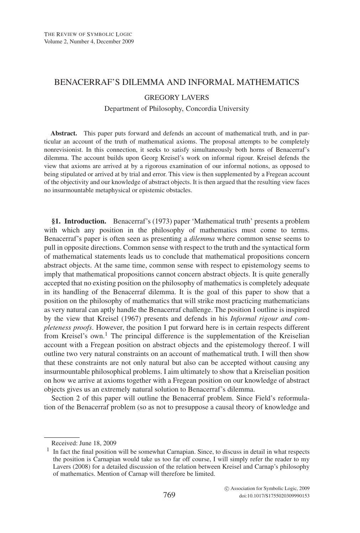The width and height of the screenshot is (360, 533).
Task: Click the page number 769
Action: (169, 495)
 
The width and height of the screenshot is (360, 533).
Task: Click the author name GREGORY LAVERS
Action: (176, 97)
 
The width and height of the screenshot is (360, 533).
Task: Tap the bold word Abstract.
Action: (64, 134)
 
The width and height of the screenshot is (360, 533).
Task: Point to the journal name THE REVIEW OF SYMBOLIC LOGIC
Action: (88, 34)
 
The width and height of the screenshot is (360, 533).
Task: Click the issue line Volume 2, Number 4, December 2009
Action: (89, 42)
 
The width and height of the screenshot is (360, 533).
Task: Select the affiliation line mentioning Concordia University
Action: (176, 109)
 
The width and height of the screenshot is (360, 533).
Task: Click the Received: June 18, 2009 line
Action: (84, 443)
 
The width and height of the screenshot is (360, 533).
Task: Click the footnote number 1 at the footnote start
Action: (48, 450)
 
